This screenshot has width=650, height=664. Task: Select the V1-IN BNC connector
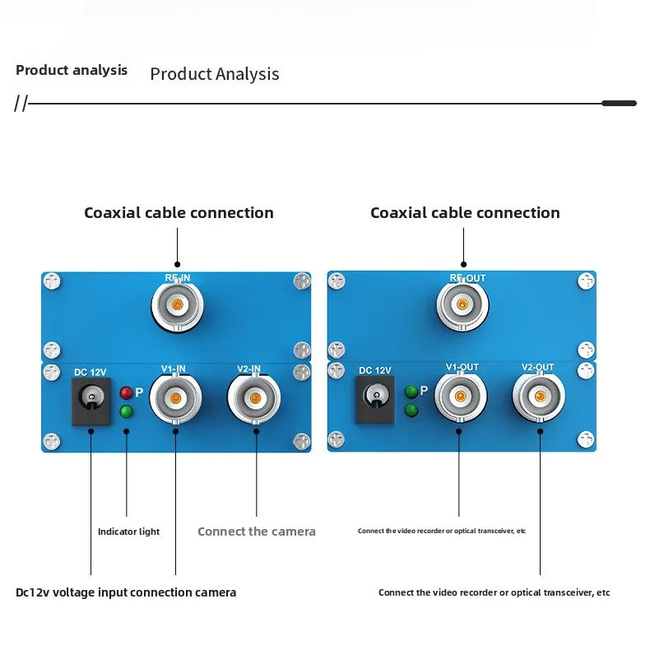click(x=175, y=399)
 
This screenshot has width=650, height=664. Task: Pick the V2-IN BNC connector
click(x=254, y=399)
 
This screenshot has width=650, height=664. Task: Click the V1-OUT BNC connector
click(x=460, y=397)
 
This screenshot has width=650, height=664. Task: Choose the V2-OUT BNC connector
click(x=540, y=397)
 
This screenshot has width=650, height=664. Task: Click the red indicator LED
click(x=126, y=392)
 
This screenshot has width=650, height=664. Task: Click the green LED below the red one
click(x=126, y=411)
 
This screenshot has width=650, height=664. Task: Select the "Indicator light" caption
click(x=128, y=532)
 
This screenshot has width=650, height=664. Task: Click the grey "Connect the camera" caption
click(x=256, y=532)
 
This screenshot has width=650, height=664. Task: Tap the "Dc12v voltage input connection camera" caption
click(x=126, y=592)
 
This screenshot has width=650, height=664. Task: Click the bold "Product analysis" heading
click(x=72, y=70)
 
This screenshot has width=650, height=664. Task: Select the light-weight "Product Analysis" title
click(x=214, y=74)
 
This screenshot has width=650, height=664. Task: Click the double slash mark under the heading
click(x=21, y=104)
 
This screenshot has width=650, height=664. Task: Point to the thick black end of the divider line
click(x=619, y=104)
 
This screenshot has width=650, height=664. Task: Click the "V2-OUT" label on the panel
click(x=537, y=368)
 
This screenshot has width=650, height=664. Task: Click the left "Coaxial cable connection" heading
click(x=179, y=213)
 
